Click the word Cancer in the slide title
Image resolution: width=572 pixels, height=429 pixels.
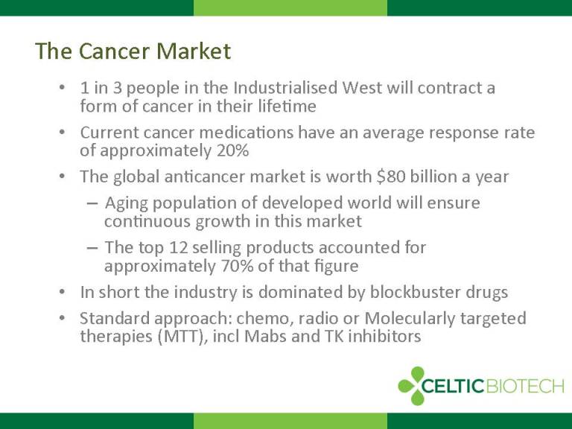click(x=115, y=51)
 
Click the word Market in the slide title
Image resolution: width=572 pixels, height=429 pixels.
click(x=194, y=51)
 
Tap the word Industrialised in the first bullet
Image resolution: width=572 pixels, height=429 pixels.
click(x=285, y=88)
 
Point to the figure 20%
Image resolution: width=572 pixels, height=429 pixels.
click(x=232, y=150)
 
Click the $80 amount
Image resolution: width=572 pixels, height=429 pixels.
click(x=391, y=177)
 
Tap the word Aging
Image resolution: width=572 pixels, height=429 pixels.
click(x=126, y=203)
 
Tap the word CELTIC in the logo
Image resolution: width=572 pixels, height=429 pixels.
click(x=453, y=386)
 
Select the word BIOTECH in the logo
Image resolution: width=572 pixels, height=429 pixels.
click(x=525, y=386)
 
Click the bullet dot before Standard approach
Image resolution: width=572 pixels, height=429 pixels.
click(x=62, y=318)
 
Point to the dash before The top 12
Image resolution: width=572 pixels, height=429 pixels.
click(x=92, y=248)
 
